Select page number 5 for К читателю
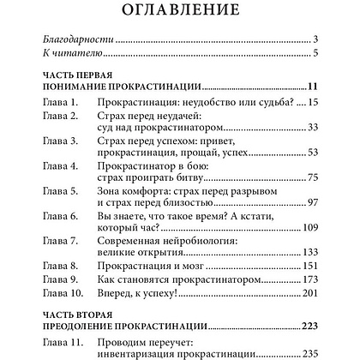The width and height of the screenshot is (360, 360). tap(315, 55)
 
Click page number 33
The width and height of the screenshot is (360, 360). tap(312, 129)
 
